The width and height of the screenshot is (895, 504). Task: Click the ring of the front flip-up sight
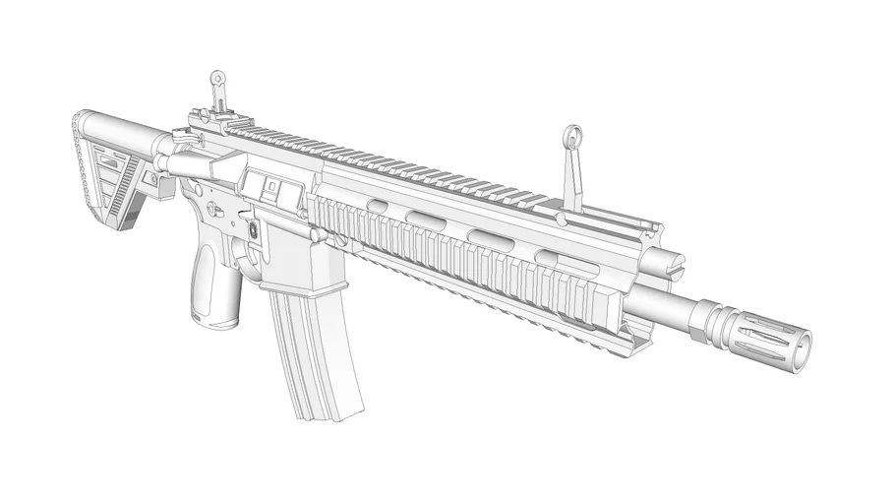pyautogui.click(x=572, y=137)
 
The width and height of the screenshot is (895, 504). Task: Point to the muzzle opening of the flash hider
pyautogui.click(x=804, y=344)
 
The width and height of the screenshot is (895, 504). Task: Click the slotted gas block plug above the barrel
pyautogui.click(x=670, y=264)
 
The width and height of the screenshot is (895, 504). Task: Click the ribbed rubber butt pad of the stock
pyautogui.click(x=80, y=157)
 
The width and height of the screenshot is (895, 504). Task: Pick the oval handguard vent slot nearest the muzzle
pyautogui.click(x=548, y=258)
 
